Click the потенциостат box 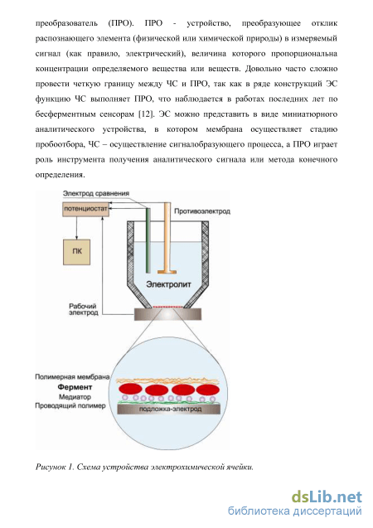85,209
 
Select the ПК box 77,252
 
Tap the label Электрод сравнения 96,193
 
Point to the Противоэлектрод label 202,211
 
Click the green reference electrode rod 148,240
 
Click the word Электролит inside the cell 168,284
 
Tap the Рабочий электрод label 84,309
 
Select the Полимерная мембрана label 72,377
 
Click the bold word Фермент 75,387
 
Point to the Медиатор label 75,397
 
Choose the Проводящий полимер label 70,406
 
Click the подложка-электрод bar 168,409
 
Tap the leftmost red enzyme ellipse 130,389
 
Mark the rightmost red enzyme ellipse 208,390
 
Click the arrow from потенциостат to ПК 76,228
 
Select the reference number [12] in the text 146,114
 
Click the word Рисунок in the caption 50,467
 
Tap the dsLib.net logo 327,497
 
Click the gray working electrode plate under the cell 168,314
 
